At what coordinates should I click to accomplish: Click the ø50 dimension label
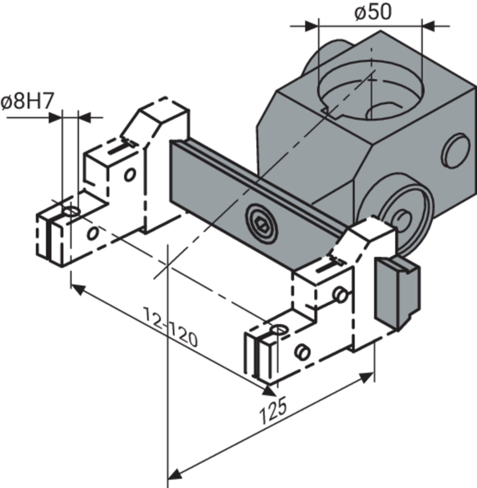click(373, 12)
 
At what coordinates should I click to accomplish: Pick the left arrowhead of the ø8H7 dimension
click(55, 117)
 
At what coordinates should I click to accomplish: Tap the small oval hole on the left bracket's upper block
click(130, 175)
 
